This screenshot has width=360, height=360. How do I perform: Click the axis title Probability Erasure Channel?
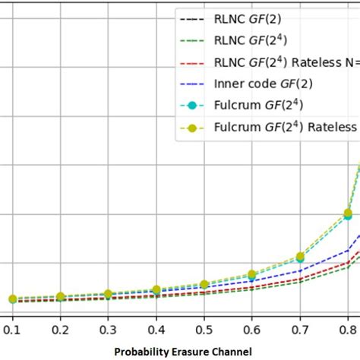pos(179,352)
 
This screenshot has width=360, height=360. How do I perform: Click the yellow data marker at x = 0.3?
pos(108,294)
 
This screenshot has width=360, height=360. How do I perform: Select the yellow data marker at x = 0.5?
pos(204,285)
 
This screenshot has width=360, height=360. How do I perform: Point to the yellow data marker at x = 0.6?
pos(252,274)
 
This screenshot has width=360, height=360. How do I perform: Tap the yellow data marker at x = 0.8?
pos(348,213)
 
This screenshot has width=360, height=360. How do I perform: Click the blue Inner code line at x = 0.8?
pos(348,250)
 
